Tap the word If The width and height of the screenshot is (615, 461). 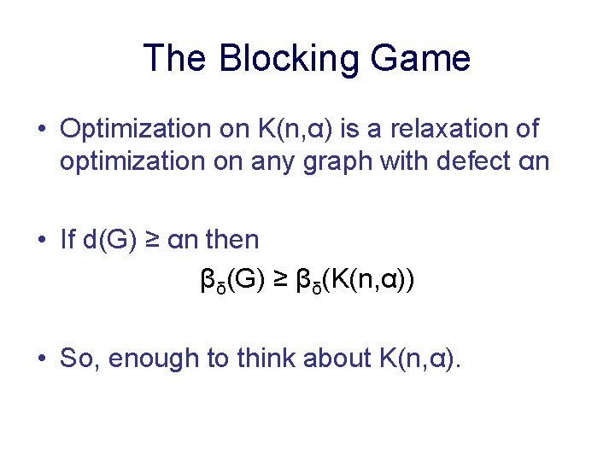pos(68,240)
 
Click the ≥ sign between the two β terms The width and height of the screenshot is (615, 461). pos(280,280)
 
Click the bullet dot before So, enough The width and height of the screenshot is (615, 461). pos(42,359)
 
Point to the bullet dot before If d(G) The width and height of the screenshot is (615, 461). pos(42,241)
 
